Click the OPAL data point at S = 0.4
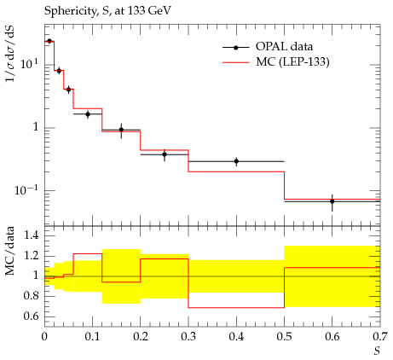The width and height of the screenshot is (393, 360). point(236,161)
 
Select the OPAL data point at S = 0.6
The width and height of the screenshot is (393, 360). point(332,201)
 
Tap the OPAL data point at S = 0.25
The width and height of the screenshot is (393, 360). point(165,154)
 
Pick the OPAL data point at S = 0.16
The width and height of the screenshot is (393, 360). point(121,130)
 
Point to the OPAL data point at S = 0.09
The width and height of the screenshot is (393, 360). point(88,114)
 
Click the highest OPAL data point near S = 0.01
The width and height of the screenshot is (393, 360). point(49,41)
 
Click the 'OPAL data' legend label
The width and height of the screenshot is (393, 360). point(284,46)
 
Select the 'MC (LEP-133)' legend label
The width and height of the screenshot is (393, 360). point(292,61)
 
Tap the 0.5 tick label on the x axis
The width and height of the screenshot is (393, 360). point(284,337)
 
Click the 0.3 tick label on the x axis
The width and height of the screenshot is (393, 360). point(188,337)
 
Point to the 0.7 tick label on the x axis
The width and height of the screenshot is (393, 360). point(380,337)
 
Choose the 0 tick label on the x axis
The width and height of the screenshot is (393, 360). point(44,337)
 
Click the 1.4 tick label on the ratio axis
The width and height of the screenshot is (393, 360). point(32,235)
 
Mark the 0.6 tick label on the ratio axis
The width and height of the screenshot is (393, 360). point(32,316)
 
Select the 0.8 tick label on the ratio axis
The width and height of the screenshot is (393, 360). point(32,296)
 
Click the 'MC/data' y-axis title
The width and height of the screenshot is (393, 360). point(10,251)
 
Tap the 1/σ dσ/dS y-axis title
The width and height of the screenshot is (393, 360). point(11,54)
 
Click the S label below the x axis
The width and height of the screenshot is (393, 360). point(377,351)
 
